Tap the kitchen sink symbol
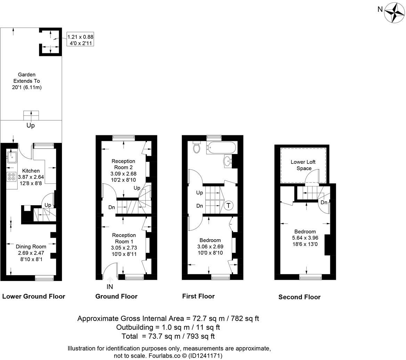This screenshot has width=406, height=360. (x=12, y=157)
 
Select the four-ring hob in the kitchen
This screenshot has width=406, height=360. (x=11, y=177)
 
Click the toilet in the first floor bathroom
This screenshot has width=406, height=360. (x=197, y=148)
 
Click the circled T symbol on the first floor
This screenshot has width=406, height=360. (x=228, y=205)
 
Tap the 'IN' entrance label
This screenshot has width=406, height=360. (x=110, y=287)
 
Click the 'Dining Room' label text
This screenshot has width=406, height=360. (x=31, y=247)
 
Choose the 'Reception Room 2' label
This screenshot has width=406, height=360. (x=123, y=164)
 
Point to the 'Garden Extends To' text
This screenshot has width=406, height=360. (x=27, y=81)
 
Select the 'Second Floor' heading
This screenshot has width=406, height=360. (x=299, y=297)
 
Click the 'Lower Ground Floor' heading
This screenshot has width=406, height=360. (x=34, y=296)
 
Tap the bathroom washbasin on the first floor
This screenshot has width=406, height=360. (x=227, y=161)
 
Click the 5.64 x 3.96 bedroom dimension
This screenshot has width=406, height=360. (x=305, y=238)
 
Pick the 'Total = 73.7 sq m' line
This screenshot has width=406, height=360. (x=168, y=336)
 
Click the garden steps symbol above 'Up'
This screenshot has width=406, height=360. (x=31, y=114)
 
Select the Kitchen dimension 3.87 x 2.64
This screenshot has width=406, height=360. (x=31, y=177)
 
